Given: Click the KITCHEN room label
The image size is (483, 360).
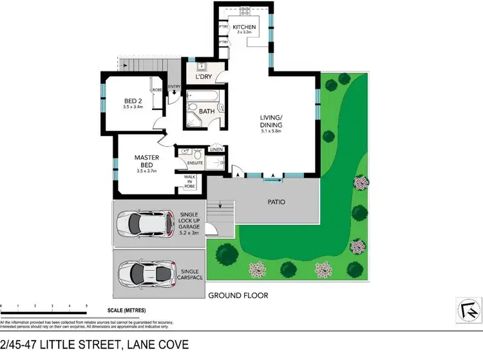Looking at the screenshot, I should pyautogui.click(x=245, y=27).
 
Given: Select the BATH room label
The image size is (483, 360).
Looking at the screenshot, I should pyautogui.click(x=207, y=111).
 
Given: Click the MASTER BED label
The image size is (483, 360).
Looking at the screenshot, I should pyautogui.click(x=146, y=161).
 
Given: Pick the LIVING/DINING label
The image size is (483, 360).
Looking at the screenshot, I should pyautogui.click(x=276, y=120).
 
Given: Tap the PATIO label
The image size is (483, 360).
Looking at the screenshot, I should pyautogui.click(x=276, y=202).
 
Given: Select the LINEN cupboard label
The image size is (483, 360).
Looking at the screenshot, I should pyautogui.click(x=216, y=150).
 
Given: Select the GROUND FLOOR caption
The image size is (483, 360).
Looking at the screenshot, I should pyautogui.click(x=238, y=296).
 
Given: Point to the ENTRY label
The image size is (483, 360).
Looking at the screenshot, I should pyautogui.click(x=174, y=86).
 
